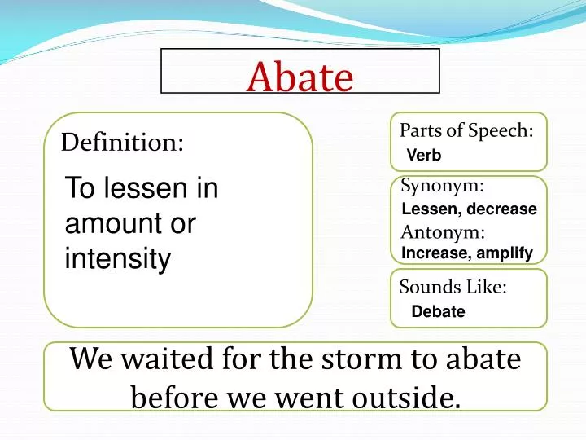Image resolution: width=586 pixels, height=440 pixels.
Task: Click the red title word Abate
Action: pos(300,77)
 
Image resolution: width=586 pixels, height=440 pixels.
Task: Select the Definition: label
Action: pos(123,143)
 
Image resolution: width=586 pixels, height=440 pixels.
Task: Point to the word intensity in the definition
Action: pos(118,259)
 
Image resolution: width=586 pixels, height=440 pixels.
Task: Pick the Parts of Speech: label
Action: pos(466,130)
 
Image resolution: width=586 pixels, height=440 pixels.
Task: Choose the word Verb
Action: pos(423,155)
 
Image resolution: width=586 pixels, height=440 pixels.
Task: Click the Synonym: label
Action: pos(443,187)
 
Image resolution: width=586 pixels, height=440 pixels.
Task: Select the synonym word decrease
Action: pos(501,209)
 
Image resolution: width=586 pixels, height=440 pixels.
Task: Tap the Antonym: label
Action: pos(443,232)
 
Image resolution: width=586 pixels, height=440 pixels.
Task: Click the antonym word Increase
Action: pos(434,253)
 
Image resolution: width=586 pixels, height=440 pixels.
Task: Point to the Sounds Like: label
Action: pos(453,287)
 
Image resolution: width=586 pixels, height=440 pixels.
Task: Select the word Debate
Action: pos(438,311)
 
